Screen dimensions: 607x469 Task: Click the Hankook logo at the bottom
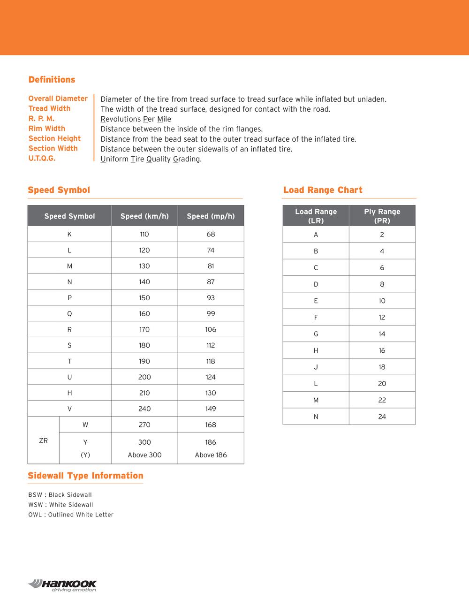[62, 585]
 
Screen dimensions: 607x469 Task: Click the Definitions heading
[52, 80]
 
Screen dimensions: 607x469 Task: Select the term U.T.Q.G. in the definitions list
[42, 158]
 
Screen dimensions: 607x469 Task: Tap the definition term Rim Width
[46, 129]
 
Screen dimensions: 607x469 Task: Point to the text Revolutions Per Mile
[136, 119]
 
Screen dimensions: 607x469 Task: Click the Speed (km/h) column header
[144, 216]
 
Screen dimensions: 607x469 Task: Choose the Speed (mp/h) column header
[211, 216]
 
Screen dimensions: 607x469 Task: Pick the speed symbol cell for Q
[69, 313]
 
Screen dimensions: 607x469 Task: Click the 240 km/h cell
[144, 409]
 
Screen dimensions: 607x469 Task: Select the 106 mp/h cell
[211, 329]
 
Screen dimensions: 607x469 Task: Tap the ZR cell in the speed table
[43, 440]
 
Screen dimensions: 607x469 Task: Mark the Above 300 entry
[144, 455]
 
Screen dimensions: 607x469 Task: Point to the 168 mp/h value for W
[211, 425]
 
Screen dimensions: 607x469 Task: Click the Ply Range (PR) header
[382, 216]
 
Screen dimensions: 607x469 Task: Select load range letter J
[316, 367]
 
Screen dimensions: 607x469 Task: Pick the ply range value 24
[382, 417]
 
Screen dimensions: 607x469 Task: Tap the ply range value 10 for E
[382, 301]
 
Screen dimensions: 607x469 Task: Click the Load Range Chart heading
[323, 190]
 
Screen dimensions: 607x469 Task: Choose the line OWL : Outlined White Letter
[71, 515]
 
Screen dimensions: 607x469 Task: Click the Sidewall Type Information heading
[85, 476]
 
